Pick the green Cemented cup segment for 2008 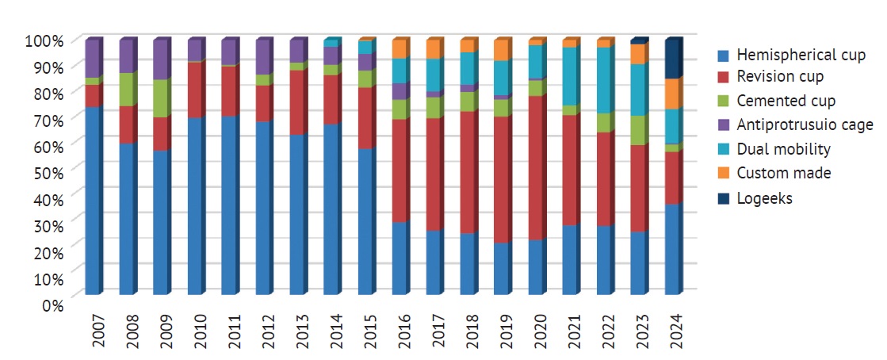[x=127, y=90]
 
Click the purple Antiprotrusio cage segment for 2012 [x=263, y=57]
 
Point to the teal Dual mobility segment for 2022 [x=604, y=80]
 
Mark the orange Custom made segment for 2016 [x=400, y=49]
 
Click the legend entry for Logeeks [x=764, y=198]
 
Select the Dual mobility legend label [x=783, y=149]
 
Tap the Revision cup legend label [x=780, y=77]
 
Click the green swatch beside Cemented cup [x=721, y=101]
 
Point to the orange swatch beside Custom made [x=721, y=173]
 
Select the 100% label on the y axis [x=44, y=40]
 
